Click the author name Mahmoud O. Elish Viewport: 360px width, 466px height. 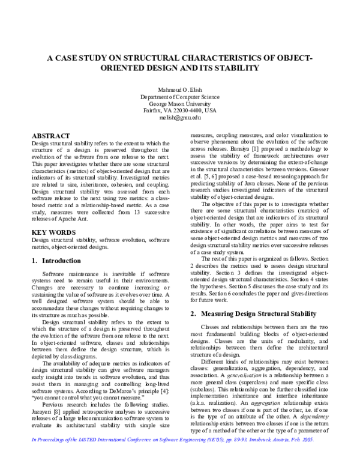pyautogui.click(x=180, y=89)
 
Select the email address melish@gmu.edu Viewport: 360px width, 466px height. pyautogui.click(x=180, y=118)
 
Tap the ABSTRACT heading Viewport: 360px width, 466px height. pyautogui.click(x=50, y=136)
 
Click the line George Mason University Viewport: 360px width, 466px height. pyautogui.click(x=180, y=103)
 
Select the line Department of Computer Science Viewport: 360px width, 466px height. pyautogui.click(x=180, y=96)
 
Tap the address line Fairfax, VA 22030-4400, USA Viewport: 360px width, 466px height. pyautogui.click(x=180, y=111)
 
